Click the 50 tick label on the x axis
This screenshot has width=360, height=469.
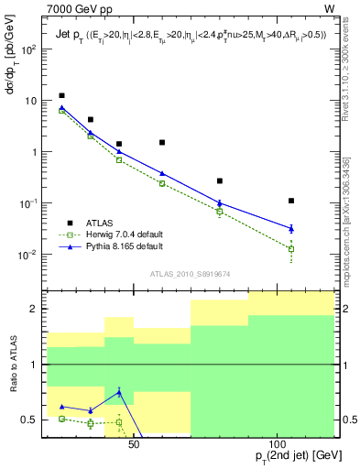pos(134,443)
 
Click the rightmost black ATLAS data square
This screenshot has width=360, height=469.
pos(291,201)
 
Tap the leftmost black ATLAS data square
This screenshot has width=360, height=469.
pos(61,95)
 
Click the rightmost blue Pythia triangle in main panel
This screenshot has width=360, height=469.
pos(291,228)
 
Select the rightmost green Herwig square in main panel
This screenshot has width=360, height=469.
pos(291,248)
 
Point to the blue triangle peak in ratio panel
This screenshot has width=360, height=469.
pos(119,392)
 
